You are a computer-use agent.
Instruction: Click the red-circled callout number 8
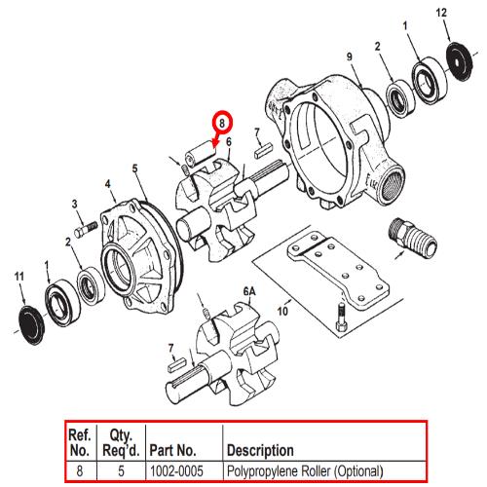[222, 124]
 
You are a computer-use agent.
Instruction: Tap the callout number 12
[441, 13]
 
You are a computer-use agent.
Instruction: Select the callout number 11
[19, 277]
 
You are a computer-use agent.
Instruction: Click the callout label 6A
[249, 292]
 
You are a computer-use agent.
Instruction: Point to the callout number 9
[350, 56]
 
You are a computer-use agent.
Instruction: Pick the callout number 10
[282, 311]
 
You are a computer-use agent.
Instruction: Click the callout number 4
[108, 184]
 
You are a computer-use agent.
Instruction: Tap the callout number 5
[134, 169]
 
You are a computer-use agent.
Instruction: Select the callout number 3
[75, 204]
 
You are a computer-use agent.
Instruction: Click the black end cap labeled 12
[460, 61]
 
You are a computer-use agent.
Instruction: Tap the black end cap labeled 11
[31, 324]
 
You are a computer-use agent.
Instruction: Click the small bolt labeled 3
[86, 229]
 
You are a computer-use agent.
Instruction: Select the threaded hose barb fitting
[412, 238]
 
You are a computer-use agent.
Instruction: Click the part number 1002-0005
[176, 470]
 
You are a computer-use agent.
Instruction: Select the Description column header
[260, 450]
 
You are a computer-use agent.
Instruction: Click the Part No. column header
[172, 450]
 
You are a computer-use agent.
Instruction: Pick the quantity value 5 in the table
[121, 471]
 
